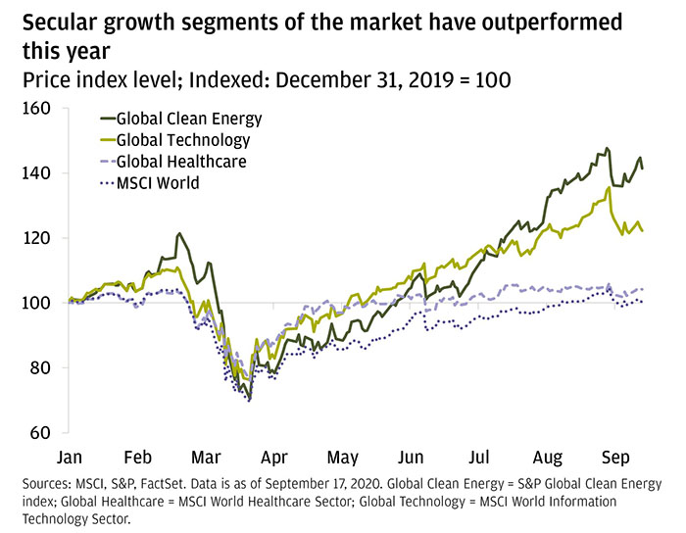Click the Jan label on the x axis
tap(70, 458)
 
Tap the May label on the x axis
tap(342, 458)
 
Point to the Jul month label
tap(480, 458)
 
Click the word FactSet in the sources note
tap(184, 484)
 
